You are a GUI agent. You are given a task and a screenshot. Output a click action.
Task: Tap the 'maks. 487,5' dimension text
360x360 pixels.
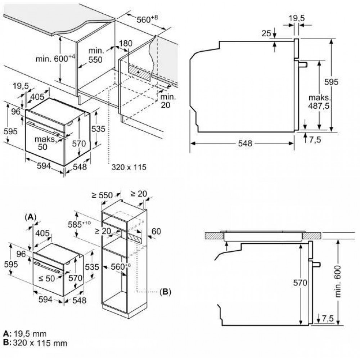[320, 102]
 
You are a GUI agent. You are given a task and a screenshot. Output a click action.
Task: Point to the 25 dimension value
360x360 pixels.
[266, 33]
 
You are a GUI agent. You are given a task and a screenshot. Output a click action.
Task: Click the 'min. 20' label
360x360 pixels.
[168, 101]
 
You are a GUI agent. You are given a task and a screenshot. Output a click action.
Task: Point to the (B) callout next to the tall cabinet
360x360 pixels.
[164, 291]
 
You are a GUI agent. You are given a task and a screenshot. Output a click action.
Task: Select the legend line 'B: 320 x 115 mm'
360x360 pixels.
[31, 343]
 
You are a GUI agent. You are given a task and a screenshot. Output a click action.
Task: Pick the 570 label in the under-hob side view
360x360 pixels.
[300, 283]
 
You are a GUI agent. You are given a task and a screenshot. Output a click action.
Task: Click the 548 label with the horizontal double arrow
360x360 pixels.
[244, 143]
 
